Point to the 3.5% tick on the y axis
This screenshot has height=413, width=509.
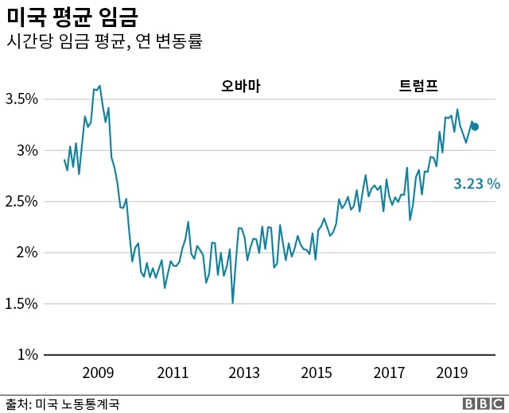(21, 99)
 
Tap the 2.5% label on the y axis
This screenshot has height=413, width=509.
(21, 202)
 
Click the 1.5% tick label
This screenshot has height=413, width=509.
(21, 303)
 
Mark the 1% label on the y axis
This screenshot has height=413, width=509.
(29, 354)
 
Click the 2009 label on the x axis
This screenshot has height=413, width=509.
(99, 372)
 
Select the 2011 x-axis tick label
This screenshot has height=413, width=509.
(173, 372)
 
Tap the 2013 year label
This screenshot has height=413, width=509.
(244, 372)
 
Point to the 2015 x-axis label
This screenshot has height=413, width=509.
(317, 372)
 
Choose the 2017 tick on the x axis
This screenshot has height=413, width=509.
(389, 372)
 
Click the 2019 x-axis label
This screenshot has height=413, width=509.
(452, 372)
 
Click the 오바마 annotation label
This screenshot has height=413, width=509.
(241, 86)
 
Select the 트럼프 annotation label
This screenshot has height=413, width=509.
(418, 86)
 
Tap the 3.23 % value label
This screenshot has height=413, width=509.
(476, 184)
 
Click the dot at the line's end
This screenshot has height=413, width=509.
(475, 126)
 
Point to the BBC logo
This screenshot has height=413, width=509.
(483, 403)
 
